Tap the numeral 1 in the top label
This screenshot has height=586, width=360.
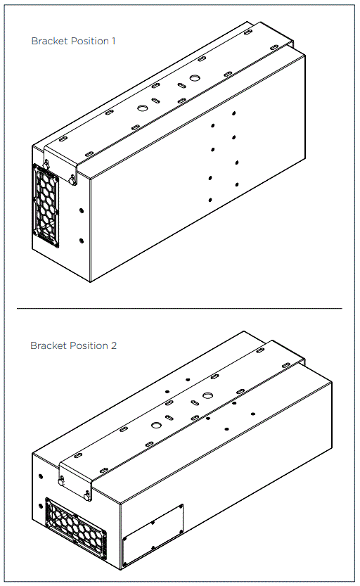tap(114, 41)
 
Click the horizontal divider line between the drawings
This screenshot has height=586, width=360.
tap(179, 308)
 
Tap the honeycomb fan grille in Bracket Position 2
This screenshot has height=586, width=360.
tap(76, 528)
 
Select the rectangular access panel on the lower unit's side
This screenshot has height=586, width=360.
tap(153, 535)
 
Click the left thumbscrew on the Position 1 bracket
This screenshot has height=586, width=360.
tap(47, 164)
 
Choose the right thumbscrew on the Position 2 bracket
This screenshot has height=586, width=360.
tap(87, 497)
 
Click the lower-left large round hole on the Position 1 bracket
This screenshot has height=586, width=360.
tap(143, 108)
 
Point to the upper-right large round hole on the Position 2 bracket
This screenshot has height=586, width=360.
tap(207, 395)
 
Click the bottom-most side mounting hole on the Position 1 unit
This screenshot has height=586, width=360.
tap(210, 200)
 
